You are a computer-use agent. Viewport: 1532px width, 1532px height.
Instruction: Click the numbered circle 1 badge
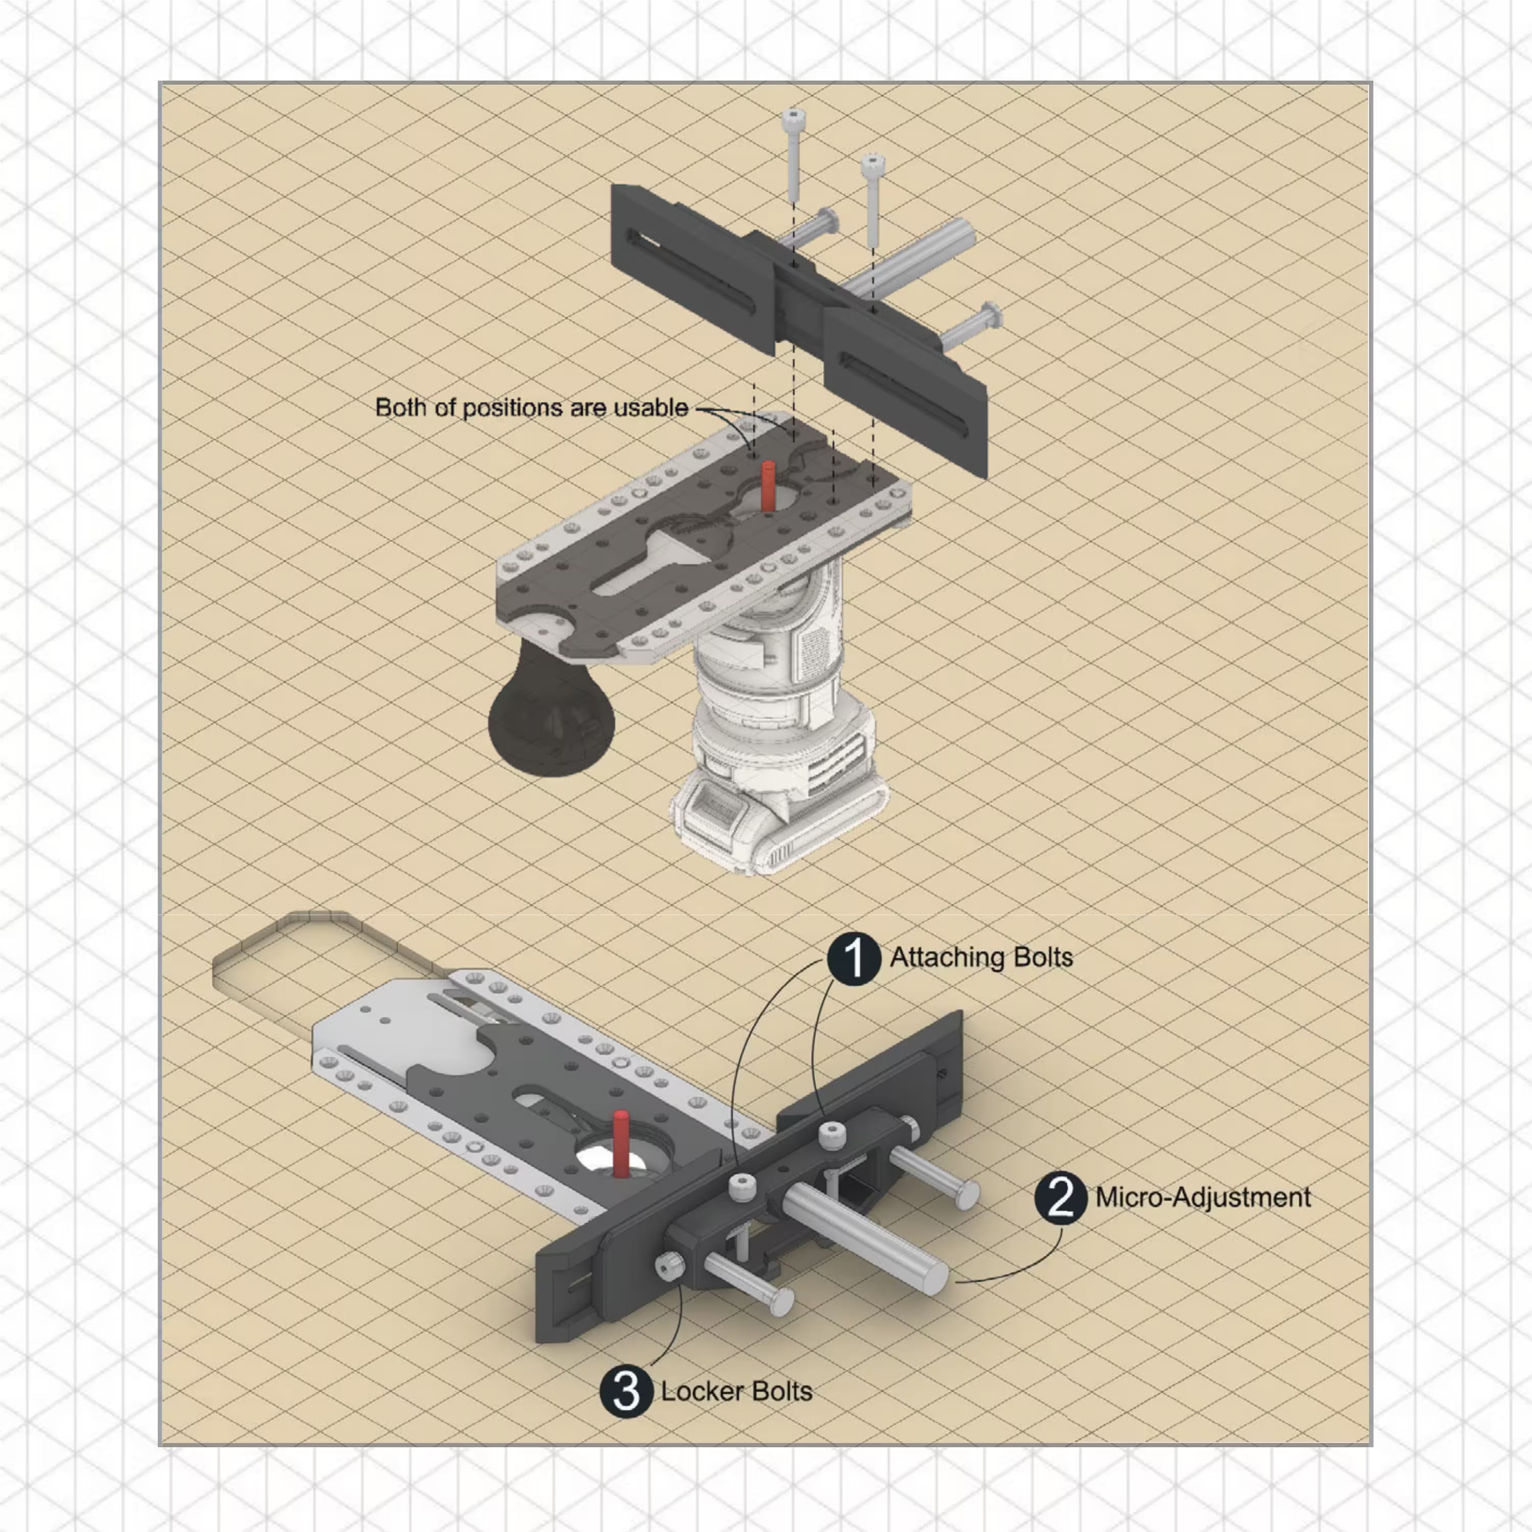[854, 959]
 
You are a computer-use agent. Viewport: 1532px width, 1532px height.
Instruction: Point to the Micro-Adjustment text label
[1203, 1198]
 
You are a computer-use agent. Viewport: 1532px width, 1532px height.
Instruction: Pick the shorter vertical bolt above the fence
[872, 198]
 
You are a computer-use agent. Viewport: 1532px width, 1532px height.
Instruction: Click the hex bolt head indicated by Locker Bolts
[670, 1266]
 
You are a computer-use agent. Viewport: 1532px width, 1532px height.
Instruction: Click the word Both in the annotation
[396, 408]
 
